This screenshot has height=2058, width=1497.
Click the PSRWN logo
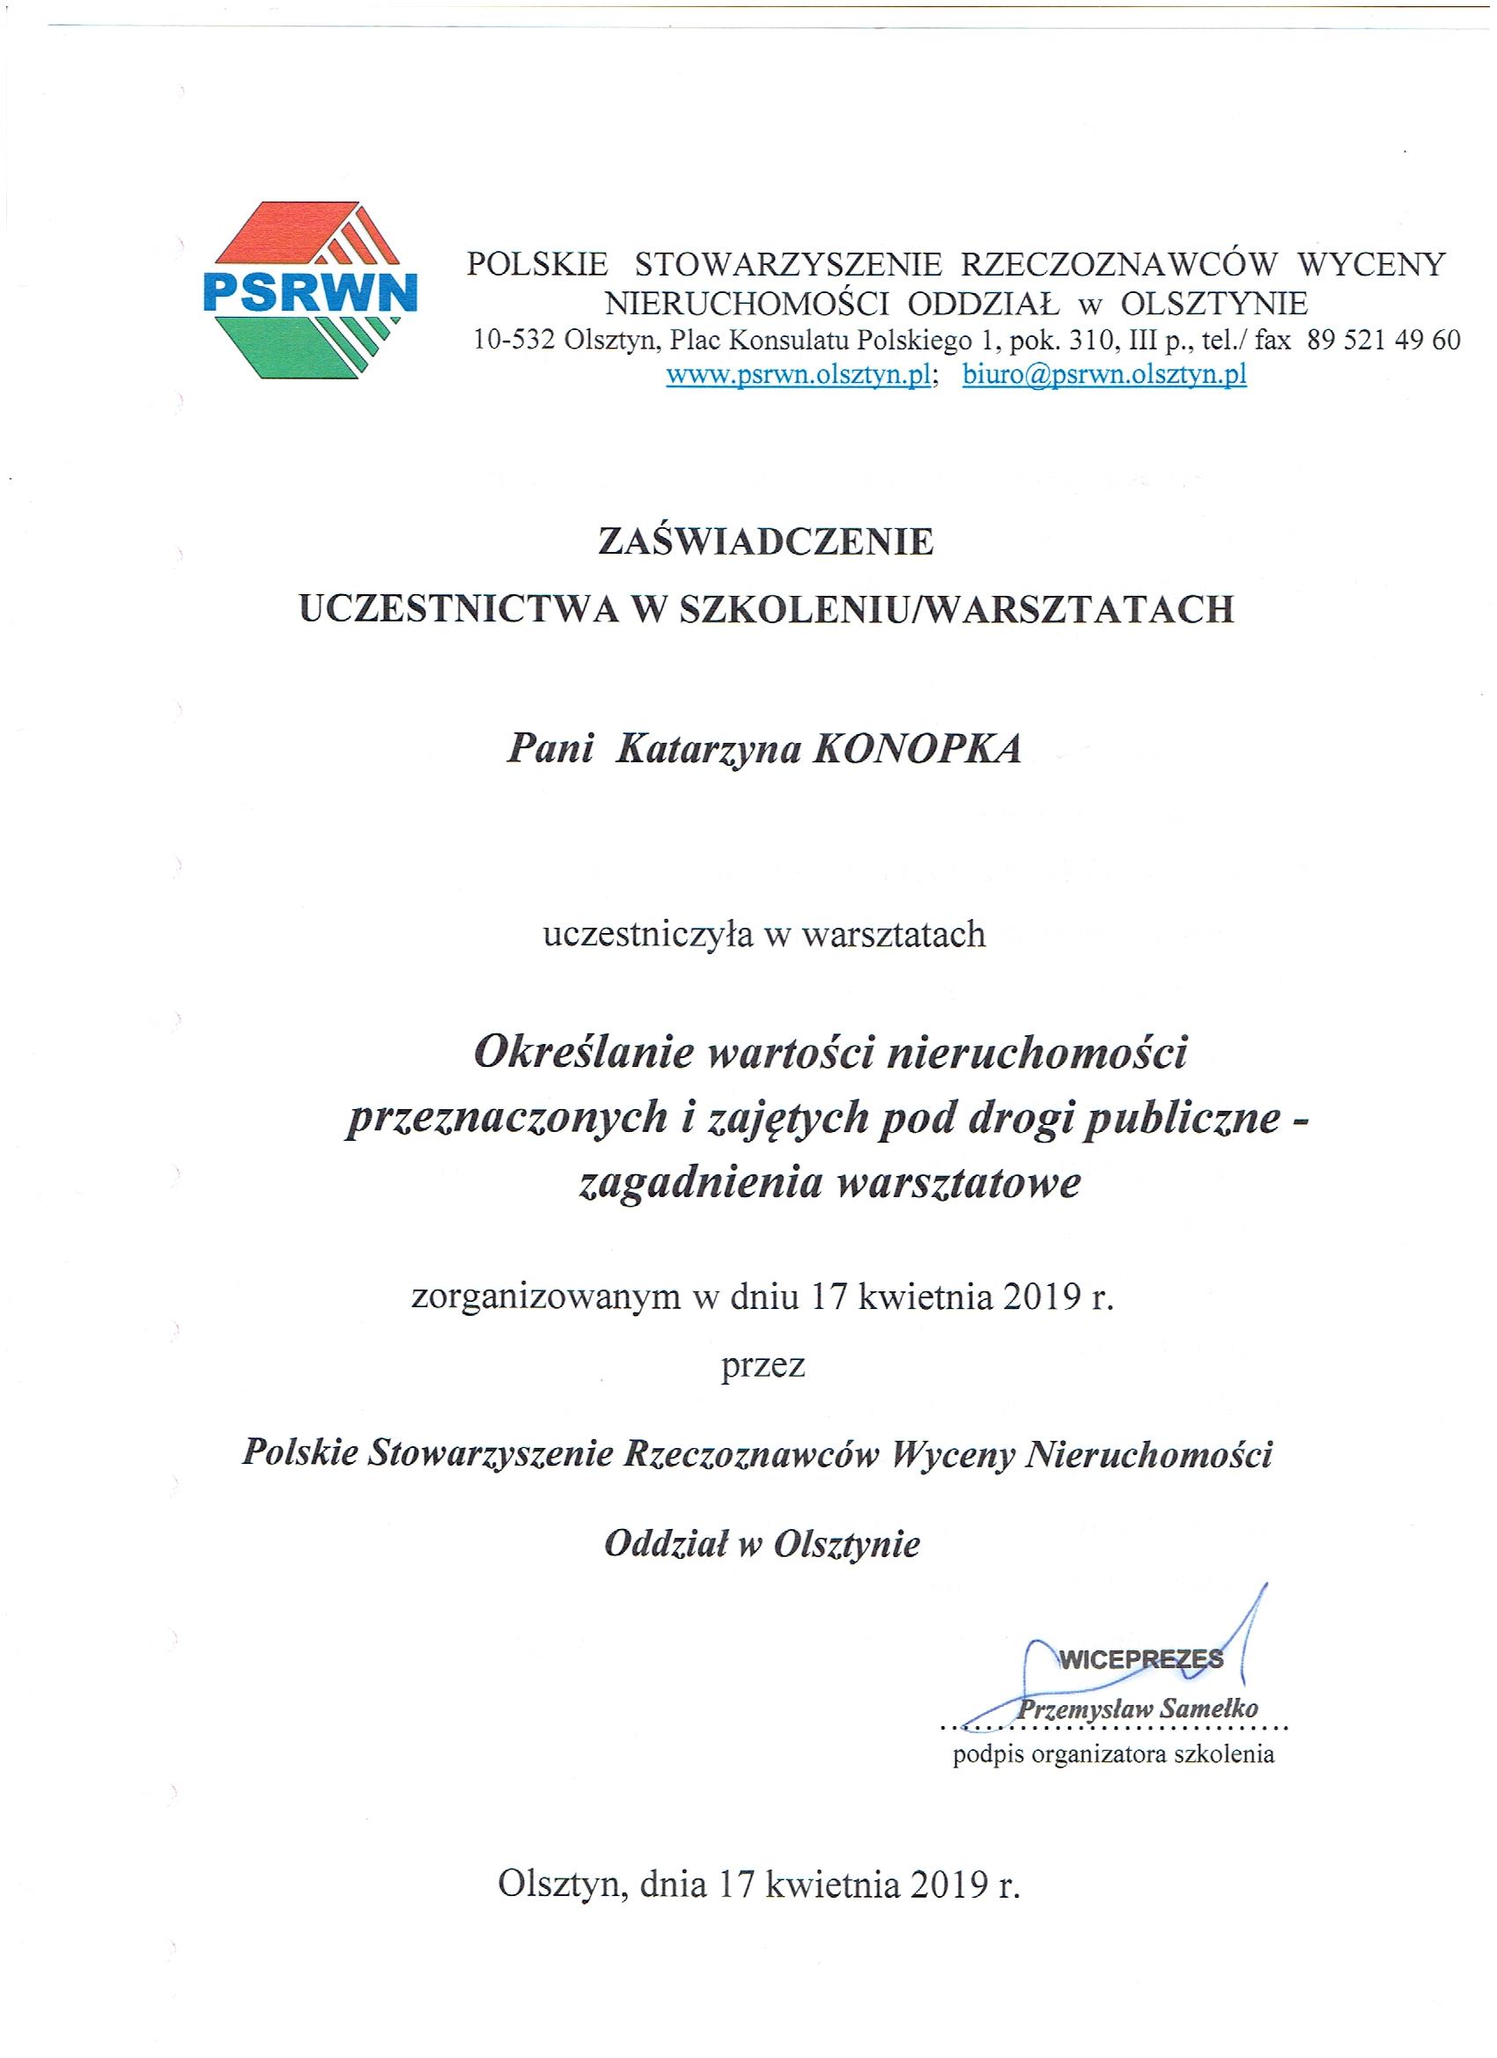pos(310,290)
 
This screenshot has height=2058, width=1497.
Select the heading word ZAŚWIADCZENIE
pos(765,542)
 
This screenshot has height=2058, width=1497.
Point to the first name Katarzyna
pos(705,751)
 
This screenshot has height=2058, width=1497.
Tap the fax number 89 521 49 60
pos(1383,342)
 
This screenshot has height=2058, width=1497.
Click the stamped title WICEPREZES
pos(1140,1659)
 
